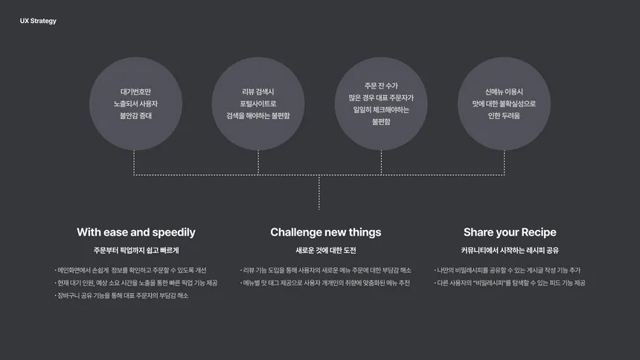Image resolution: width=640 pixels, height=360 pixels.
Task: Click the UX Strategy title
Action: pyautogui.click(x=38, y=21)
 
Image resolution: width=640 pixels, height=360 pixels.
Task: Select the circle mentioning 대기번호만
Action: pyautogui.click(x=135, y=103)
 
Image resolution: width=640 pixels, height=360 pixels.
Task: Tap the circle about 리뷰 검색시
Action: pyautogui.click(x=258, y=103)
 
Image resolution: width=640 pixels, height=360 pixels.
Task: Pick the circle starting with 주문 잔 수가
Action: pyautogui.click(x=381, y=103)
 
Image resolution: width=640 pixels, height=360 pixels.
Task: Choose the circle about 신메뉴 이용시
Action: pyautogui.click(x=504, y=103)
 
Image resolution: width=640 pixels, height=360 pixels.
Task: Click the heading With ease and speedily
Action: pyautogui.click(x=136, y=232)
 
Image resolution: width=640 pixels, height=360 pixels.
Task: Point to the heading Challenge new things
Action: pyautogui.click(x=326, y=232)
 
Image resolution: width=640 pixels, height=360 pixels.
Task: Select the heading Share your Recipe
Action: pyautogui.click(x=510, y=232)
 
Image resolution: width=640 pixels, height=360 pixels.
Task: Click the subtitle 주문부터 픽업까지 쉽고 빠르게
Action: pyautogui.click(x=136, y=250)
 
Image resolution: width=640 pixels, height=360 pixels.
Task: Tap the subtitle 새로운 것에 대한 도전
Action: pyautogui.click(x=326, y=250)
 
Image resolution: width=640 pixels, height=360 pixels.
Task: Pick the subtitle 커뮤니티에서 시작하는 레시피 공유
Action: pyautogui.click(x=510, y=250)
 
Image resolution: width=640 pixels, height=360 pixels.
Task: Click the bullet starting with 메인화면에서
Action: pyautogui.click(x=130, y=270)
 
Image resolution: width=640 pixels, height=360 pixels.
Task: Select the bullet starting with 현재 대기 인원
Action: pyautogui.click(x=136, y=283)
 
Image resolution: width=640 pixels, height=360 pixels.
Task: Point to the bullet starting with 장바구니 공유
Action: pyautogui.click(x=121, y=295)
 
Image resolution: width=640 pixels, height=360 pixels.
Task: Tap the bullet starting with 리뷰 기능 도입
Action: pyautogui.click(x=326, y=270)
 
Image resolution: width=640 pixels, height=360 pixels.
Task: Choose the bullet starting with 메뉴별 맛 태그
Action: pyautogui.click(x=325, y=283)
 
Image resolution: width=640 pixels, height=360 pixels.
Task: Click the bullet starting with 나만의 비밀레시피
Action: pyautogui.click(x=508, y=270)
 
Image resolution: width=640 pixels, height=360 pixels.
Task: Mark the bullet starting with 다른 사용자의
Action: pyautogui.click(x=510, y=283)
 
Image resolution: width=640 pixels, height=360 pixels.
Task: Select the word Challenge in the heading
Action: pyautogui.click(x=296, y=232)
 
